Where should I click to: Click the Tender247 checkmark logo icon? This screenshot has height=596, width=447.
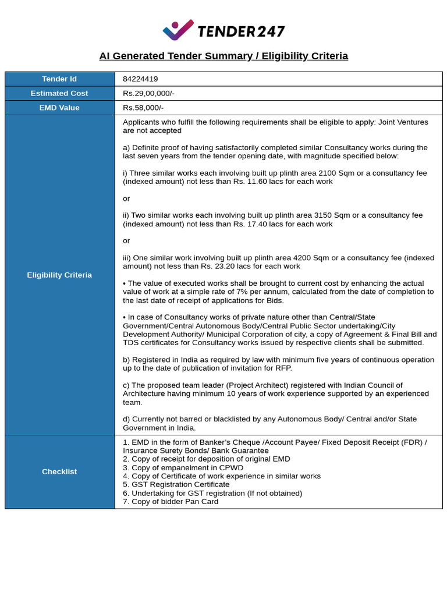click(x=178, y=30)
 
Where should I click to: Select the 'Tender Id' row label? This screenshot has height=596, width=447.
click(x=59, y=79)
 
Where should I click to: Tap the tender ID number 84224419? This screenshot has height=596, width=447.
click(x=140, y=79)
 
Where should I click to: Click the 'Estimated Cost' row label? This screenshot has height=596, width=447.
click(x=59, y=93)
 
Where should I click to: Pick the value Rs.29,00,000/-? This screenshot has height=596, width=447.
click(x=148, y=93)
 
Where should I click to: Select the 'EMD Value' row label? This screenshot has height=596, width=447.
click(x=59, y=108)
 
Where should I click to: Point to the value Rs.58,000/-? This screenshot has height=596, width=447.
click(x=143, y=108)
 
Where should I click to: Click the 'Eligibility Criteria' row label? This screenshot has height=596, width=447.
click(x=59, y=275)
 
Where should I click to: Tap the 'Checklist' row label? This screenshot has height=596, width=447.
click(x=59, y=471)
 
